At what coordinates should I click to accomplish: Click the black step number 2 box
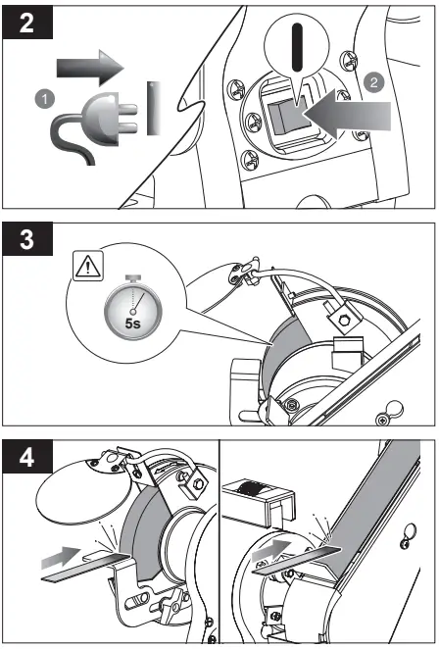[27, 23]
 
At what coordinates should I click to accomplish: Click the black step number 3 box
[27, 239]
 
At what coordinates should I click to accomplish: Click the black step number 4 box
[27, 457]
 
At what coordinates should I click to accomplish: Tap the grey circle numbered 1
[45, 99]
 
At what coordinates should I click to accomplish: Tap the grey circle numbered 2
[373, 82]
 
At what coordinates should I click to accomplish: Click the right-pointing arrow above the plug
[90, 68]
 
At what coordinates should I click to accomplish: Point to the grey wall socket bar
[154, 108]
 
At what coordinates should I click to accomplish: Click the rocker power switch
[287, 118]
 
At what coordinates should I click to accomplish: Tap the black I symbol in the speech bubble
[297, 47]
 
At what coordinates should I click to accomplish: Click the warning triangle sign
[88, 266]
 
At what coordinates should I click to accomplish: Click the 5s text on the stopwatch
[133, 324]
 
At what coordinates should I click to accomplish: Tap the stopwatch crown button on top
[133, 277]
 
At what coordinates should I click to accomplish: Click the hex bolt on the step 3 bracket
[344, 320]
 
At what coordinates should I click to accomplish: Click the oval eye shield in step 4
[79, 492]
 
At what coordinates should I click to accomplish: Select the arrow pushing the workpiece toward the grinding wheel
[61, 558]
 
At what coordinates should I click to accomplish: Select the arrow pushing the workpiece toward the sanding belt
[271, 551]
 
